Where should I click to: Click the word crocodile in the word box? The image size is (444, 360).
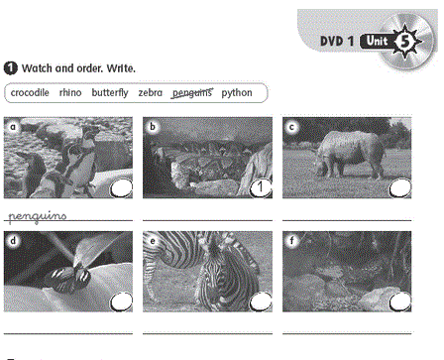[30, 93]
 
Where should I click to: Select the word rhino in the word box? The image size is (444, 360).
[70, 92]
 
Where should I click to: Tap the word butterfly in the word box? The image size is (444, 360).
[110, 93]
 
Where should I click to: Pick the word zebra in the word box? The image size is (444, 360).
[151, 93]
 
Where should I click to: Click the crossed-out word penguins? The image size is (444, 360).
[192, 93]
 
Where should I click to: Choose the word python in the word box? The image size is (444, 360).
[237, 93]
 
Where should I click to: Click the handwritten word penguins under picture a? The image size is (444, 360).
[37, 216]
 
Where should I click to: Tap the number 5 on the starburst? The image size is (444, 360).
[405, 42]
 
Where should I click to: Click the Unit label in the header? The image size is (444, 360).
[378, 41]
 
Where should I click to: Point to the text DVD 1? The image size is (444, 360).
[337, 42]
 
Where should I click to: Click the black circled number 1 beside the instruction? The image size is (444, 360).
[11, 68]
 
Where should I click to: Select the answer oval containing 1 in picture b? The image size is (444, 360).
[261, 188]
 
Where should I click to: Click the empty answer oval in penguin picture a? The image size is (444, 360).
[121, 188]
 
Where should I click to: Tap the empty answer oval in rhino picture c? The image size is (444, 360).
[400, 188]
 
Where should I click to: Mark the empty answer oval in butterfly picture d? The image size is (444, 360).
[121, 301]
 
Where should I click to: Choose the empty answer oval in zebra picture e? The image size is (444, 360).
[261, 301]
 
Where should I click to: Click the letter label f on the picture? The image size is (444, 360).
[291, 241]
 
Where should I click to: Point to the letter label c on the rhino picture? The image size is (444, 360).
[291, 127]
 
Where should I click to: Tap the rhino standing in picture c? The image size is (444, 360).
[350, 154]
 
